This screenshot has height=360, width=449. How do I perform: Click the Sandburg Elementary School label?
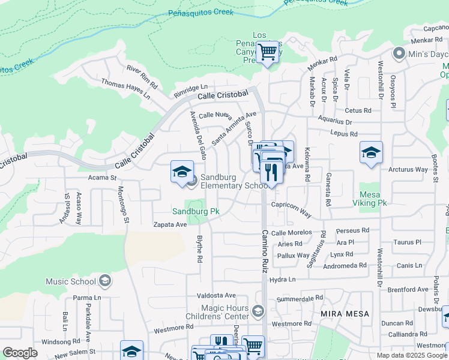click(234, 181)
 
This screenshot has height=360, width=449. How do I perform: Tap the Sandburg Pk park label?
click(195, 211)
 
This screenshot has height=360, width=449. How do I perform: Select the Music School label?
click(71, 281)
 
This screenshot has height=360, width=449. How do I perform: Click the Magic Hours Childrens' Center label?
click(225, 312)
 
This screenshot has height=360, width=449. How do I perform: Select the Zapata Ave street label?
click(170, 224)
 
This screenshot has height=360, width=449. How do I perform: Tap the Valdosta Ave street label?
click(217, 295)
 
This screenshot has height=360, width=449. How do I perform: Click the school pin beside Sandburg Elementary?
click(182, 172)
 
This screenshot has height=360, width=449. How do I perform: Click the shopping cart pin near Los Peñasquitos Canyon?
click(267, 53)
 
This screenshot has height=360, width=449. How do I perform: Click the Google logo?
click(20, 353)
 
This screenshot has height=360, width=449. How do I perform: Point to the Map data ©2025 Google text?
click(412, 355)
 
